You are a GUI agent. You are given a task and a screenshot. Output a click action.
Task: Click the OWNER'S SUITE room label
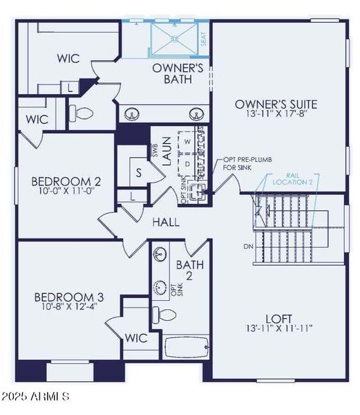[276, 104]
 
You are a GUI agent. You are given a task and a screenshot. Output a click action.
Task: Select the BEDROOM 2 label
[66, 182]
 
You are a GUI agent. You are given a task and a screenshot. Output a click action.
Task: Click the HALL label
[166, 223]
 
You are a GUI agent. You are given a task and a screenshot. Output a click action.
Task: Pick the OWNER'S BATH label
[178, 74]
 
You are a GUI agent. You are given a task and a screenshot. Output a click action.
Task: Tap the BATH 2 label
[189, 270]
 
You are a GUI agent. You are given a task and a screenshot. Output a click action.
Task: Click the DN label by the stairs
[249, 246]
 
